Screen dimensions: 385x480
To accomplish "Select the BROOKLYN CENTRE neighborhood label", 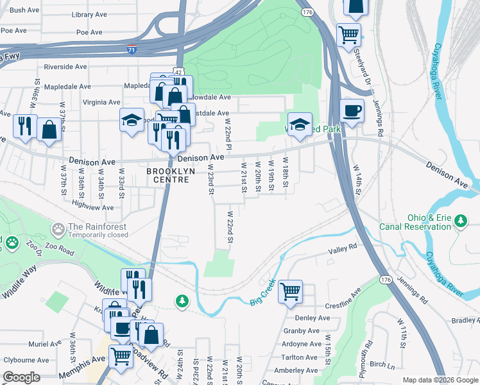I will tap(167, 175).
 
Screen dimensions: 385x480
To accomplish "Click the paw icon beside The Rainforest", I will tap(59, 227).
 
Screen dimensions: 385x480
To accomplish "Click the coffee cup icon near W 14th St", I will tap(352, 110).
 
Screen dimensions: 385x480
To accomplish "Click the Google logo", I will tap(21, 377).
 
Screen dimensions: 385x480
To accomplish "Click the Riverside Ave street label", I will tap(65, 67).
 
